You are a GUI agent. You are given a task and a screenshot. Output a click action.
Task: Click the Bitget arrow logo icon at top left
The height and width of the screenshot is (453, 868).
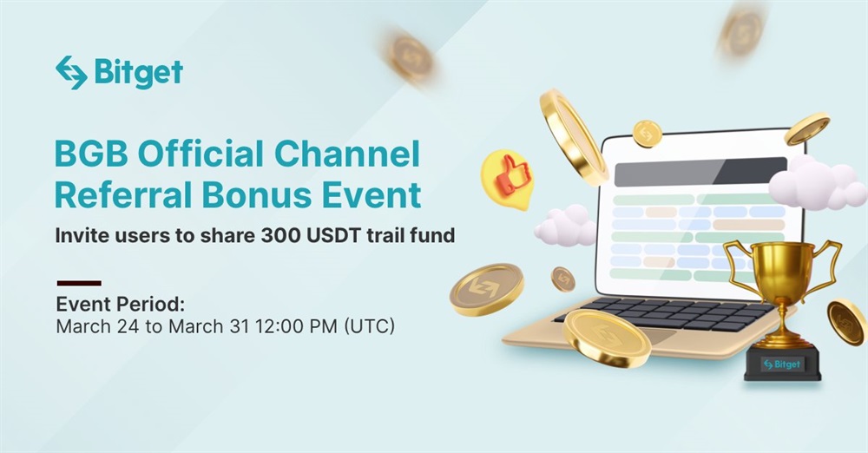coord(71,73)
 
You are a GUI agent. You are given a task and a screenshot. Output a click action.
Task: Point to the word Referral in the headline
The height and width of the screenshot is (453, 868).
coord(123,195)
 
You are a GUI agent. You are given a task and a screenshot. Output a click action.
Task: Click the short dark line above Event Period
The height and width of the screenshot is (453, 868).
coord(79,283)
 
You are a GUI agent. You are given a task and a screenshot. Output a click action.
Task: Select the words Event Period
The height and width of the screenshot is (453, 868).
coord(120,305)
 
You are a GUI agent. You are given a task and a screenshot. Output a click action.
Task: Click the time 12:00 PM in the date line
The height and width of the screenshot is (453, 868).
coord(296,326)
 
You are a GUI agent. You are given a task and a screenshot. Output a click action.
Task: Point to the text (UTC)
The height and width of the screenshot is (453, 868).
coord(369,326)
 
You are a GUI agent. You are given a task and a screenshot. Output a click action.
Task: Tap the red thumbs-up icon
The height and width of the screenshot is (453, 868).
coord(511,177)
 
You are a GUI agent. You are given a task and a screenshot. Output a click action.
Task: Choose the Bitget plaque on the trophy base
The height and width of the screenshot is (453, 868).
coord(782,364)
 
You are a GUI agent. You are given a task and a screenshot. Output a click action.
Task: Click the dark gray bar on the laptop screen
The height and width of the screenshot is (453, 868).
coord(700,172)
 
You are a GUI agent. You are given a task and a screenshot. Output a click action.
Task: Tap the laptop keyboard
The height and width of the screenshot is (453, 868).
coord(664,313)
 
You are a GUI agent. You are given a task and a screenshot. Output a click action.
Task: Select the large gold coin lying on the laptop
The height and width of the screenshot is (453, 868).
coord(607,338)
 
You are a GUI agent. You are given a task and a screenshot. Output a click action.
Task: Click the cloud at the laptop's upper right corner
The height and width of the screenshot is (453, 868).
coord(817,183)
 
